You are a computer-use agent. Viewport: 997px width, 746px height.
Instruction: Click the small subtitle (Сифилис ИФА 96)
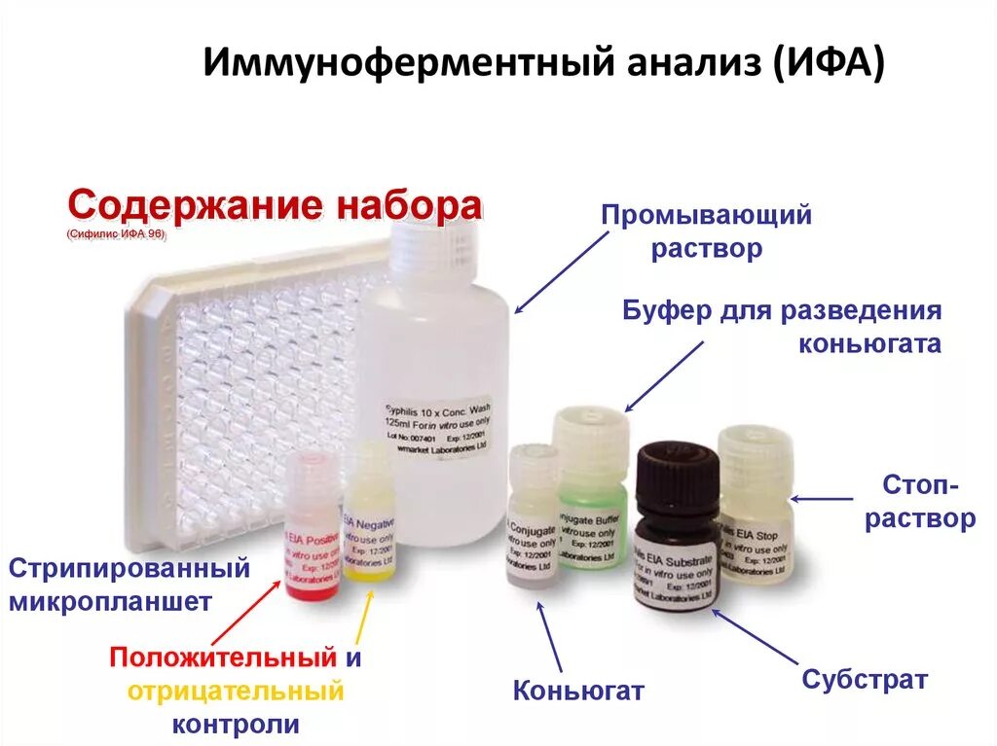pos(117,234)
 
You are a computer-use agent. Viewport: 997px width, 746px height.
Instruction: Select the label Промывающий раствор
pos(706,231)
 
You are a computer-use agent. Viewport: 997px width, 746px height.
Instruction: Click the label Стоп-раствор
pos(920,502)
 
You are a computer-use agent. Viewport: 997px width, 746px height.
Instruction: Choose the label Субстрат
pos(865,680)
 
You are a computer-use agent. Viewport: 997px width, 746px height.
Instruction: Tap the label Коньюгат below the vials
pos(578,691)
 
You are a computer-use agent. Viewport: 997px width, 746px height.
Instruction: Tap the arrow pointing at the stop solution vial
pos(822,499)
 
